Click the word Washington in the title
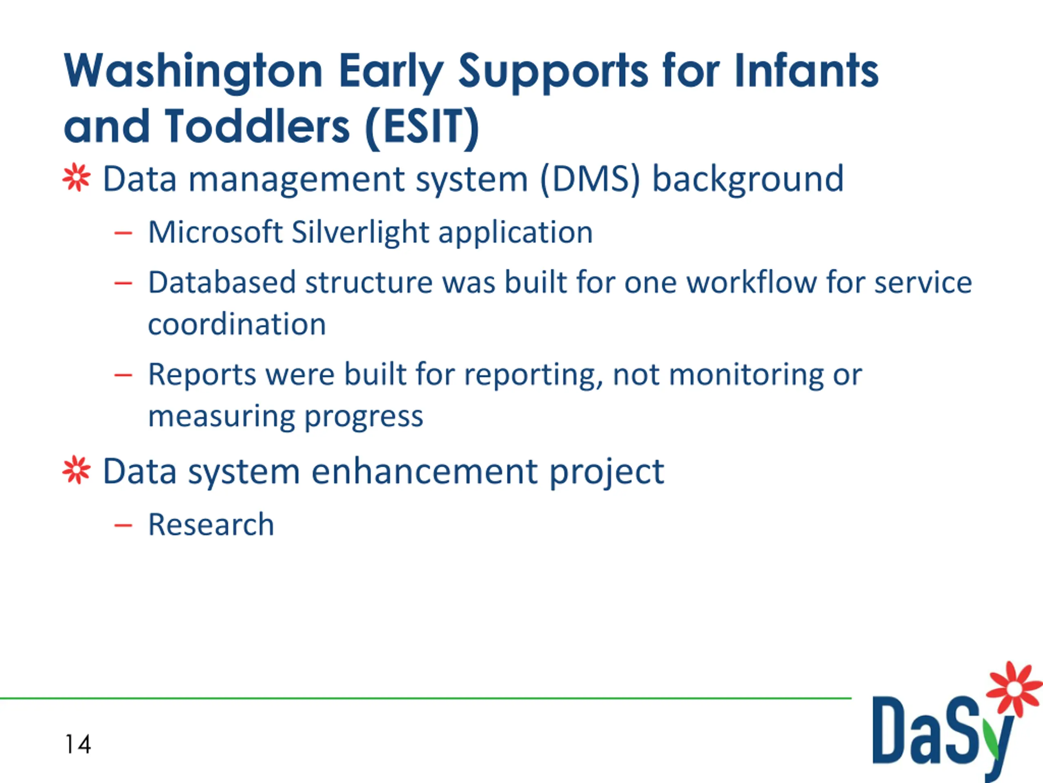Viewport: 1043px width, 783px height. [x=194, y=71]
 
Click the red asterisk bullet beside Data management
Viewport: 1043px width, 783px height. [x=76, y=178]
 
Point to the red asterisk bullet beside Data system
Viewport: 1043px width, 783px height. [x=76, y=470]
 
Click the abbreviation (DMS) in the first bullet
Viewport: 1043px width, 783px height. [x=590, y=180]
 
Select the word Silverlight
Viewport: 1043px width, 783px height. [x=360, y=233]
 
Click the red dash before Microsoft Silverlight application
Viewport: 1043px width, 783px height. [x=123, y=233]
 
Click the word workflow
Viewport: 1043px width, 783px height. [x=752, y=282]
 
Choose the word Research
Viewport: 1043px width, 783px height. [x=211, y=524]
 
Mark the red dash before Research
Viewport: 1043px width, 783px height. [x=123, y=525]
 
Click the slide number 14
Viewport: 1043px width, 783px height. [x=78, y=744]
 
